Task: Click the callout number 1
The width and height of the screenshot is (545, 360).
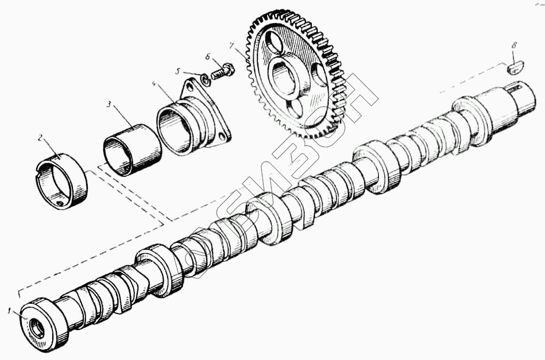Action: coord(9,311)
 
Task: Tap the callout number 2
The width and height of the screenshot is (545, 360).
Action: coord(40,137)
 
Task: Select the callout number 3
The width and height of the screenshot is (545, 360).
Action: coord(109,104)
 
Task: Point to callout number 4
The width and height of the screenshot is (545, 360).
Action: coord(154,84)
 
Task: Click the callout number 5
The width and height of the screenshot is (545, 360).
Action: coord(178,71)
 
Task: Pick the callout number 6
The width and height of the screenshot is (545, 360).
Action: coord(208,57)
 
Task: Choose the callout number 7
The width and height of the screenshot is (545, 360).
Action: coord(231,45)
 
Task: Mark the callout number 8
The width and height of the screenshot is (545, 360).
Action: coord(514,44)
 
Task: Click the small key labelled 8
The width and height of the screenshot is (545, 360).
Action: coord(516,68)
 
